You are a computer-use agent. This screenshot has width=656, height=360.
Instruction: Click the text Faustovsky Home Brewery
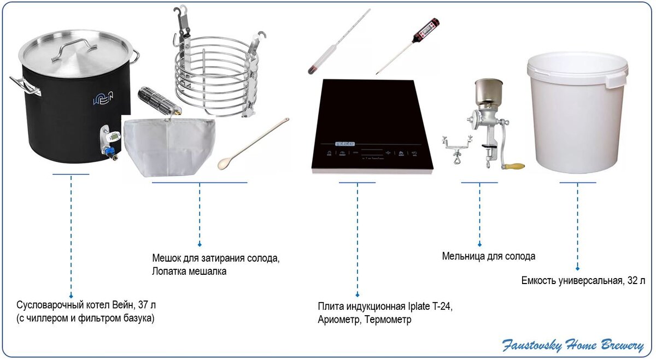pyautogui.click(x=573, y=345)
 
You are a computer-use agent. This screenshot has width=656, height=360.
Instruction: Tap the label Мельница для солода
pyautogui.click(x=488, y=256)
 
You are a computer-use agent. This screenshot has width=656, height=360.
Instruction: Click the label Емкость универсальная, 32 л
pyautogui.click(x=583, y=281)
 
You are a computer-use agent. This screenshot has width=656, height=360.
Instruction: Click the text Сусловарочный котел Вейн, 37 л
pyautogui.click(x=90, y=305)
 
